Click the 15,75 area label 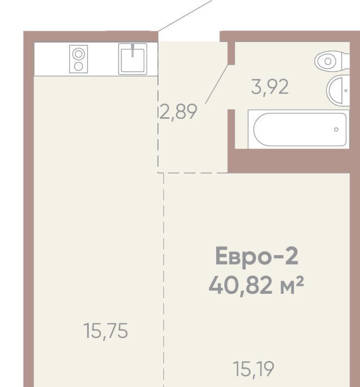(x=106, y=331)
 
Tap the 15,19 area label (x=253, y=369)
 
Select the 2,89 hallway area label (x=179, y=112)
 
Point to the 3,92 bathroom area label (x=270, y=87)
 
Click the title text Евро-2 (x=257, y=256)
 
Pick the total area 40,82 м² (x=256, y=285)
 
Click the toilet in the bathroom (x=332, y=61)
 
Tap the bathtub (x=298, y=129)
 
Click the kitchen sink (x=133, y=59)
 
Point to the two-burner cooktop (x=78, y=59)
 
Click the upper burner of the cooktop (x=78, y=54)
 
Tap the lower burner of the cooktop (x=78, y=66)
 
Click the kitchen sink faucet (x=133, y=51)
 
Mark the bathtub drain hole (x=336, y=129)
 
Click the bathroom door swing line (x=217, y=84)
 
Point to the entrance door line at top (x=185, y=16)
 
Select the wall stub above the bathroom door (x=231, y=53)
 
